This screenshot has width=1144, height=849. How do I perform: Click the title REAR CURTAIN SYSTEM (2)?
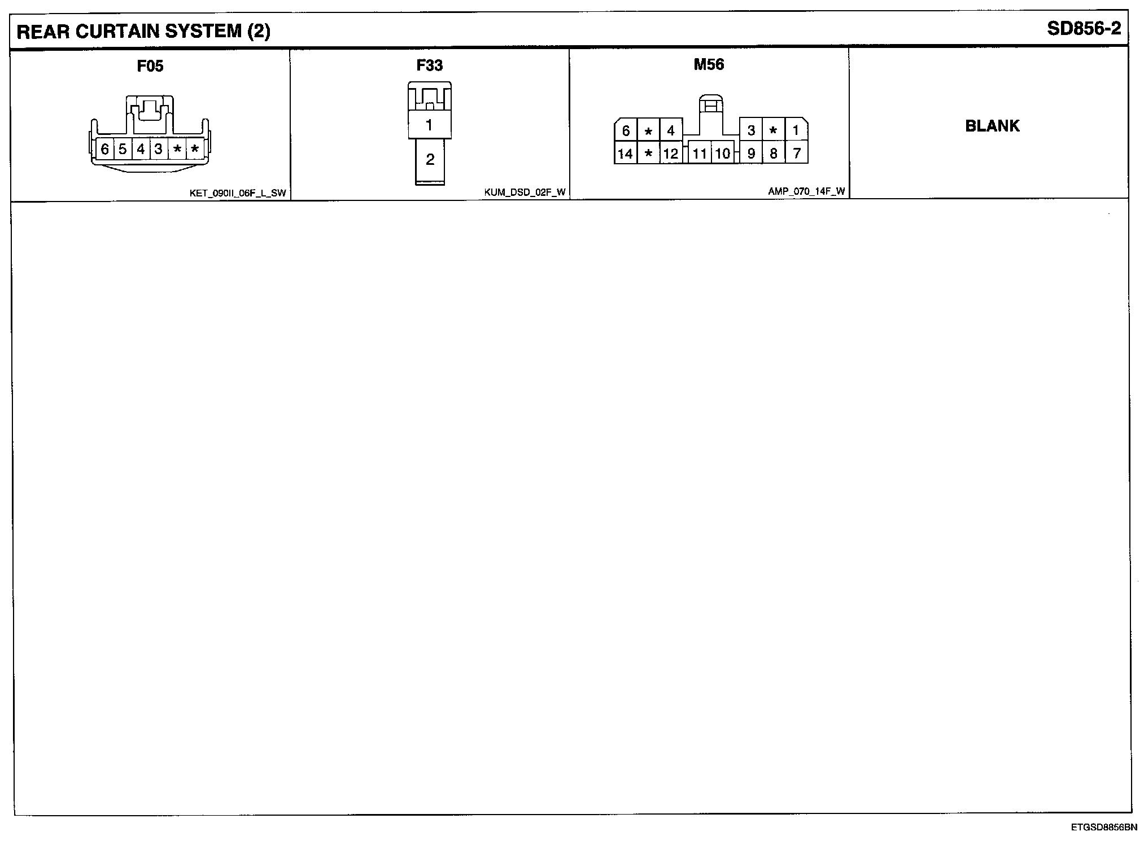click(143, 32)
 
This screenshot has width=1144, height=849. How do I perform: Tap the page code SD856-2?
click(1084, 29)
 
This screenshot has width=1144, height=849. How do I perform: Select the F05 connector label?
click(150, 66)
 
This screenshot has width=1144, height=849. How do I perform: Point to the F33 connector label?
click(429, 65)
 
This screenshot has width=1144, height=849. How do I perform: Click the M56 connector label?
click(709, 64)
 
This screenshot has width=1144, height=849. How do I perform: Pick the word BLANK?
click(992, 125)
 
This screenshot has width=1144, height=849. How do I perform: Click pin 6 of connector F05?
click(104, 149)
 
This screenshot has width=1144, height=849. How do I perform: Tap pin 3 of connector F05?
click(159, 149)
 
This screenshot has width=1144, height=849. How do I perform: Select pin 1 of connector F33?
click(429, 125)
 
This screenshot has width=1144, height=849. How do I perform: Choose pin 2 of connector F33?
click(430, 160)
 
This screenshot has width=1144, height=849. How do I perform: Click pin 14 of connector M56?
click(625, 154)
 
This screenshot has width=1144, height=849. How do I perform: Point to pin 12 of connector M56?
click(670, 154)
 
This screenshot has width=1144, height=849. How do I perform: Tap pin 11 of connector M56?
click(700, 154)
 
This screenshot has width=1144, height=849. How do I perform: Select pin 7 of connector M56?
click(796, 153)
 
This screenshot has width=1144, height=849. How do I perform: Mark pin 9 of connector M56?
click(751, 154)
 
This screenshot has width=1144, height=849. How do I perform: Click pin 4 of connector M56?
click(670, 131)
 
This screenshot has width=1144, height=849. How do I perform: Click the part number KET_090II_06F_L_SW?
click(238, 193)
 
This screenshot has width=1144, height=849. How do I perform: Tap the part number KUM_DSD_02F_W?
click(524, 192)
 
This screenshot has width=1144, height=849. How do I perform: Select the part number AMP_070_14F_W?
click(806, 191)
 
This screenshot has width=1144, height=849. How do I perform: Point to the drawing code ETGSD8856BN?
click(1103, 828)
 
